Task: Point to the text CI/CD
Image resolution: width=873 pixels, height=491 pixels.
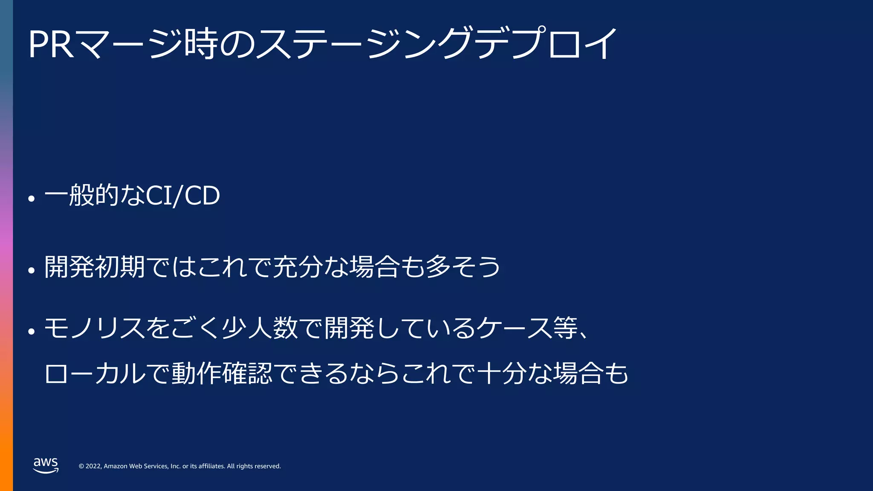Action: point(183,196)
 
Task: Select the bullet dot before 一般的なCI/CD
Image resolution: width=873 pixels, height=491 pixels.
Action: point(31,198)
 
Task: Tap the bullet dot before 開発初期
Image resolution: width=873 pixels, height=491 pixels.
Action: point(31,270)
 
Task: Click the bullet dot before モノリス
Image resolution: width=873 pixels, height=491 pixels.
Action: point(31,331)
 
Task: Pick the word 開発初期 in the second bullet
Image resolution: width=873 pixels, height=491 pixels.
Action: point(95,267)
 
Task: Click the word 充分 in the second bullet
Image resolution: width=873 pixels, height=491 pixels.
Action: point(298,267)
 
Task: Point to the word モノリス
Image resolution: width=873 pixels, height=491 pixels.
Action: point(94,329)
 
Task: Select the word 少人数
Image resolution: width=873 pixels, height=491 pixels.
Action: point(260,329)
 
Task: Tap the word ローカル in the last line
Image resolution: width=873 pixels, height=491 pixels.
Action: point(95,374)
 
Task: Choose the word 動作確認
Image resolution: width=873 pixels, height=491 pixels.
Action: point(222,374)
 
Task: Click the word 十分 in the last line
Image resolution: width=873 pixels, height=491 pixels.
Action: point(502,374)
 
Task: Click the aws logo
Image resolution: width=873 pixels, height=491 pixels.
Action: point(46,465)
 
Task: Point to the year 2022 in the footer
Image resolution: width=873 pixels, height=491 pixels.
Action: point(93,466)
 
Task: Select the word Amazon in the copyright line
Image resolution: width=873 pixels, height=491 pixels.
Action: point(116,466)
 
